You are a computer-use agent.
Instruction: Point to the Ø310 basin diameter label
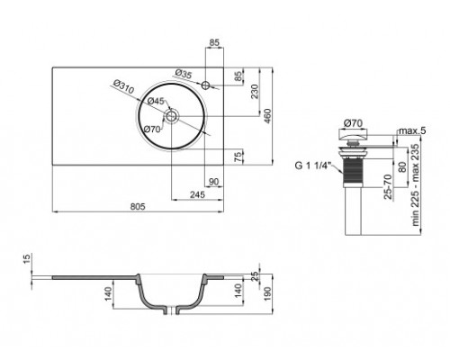122,85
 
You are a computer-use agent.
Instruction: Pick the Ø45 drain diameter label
157,102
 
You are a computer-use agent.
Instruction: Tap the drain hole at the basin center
173,114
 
